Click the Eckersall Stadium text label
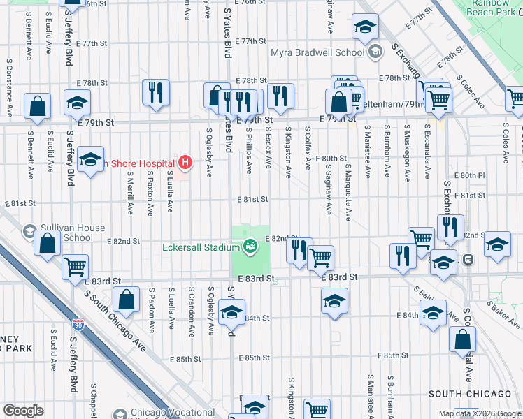[x=201, y=247]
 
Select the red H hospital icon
[x=185, y=163]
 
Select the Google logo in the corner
[x=23, y=411]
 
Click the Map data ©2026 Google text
[x=479, y=413]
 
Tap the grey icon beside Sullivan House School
[x=29, y=230]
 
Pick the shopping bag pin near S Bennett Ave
[x=38, y=106]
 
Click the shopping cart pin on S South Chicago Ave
[x=76, y=266]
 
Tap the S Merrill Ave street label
[x=131, y=200]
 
